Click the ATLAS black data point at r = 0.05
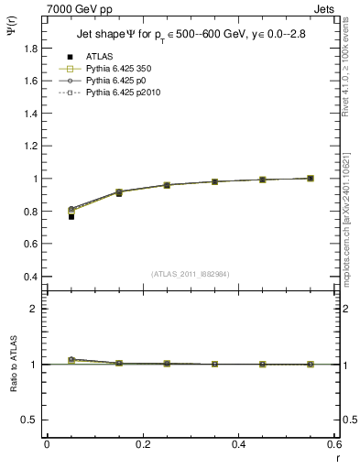71,216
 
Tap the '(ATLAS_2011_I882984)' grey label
191,273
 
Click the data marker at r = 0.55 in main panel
311,178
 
